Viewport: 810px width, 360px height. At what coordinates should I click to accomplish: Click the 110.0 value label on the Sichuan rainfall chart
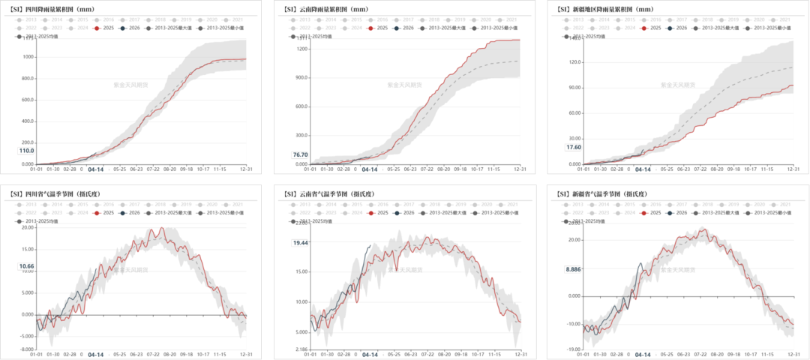(26, 150)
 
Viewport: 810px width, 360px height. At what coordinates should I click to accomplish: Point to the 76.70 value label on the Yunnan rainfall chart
(300, 154)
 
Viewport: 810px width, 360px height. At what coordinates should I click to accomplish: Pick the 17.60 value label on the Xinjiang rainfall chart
(574, 147)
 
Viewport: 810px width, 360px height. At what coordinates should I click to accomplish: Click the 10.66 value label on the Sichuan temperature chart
(26, 266)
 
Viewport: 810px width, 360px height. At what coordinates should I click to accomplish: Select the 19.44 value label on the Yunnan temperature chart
(301, 243)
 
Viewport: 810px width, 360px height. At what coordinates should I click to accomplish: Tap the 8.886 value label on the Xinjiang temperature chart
(574, 268)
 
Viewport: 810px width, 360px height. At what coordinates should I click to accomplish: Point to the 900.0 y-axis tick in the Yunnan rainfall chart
(301, 77)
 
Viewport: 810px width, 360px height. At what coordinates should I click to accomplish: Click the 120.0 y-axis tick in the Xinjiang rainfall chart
(575, 61)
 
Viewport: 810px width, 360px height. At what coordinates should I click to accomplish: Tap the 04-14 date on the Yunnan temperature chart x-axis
(370, 355)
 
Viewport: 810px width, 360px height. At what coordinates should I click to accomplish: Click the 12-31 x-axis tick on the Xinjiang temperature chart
(788, 355)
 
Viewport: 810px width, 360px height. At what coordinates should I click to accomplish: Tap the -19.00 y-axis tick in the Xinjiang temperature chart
(574, 349)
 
